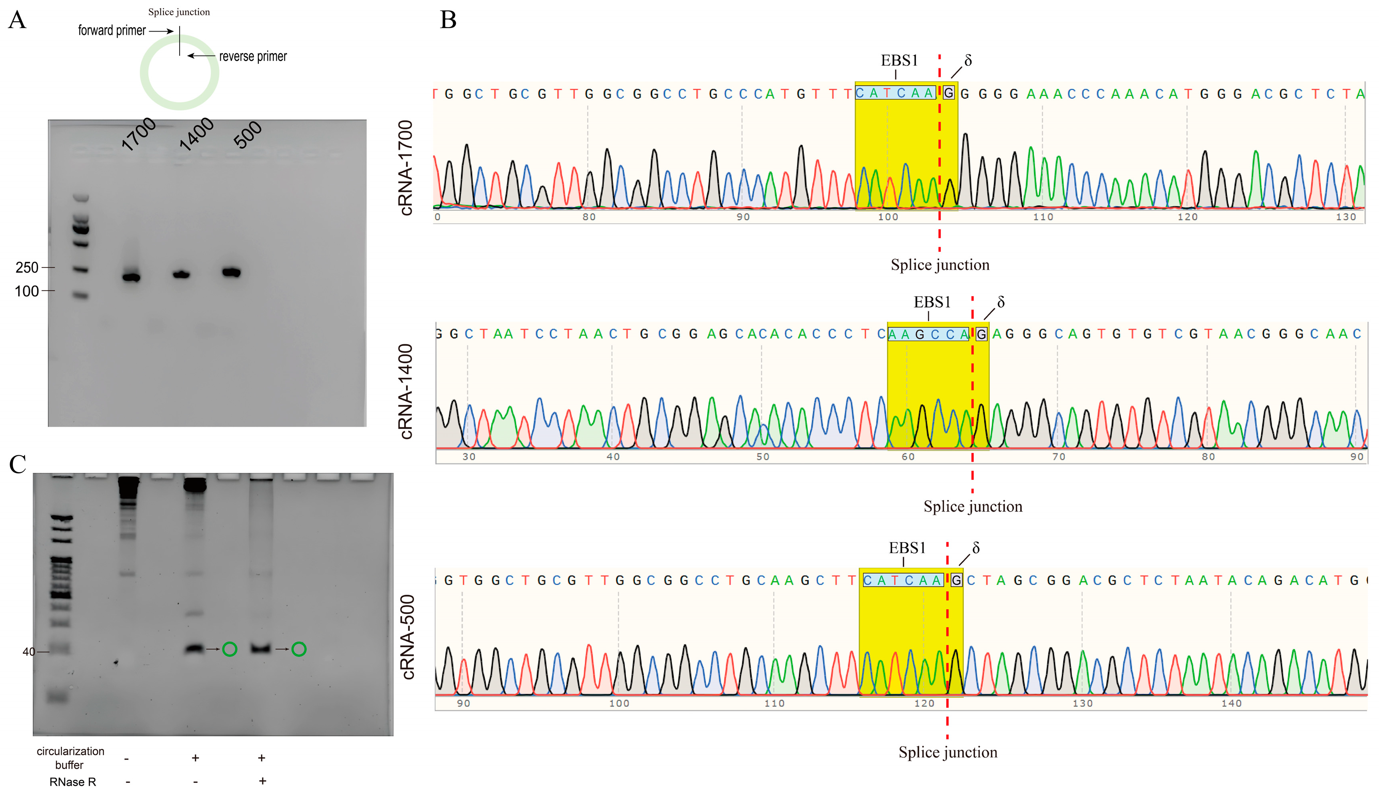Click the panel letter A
click(18, 20)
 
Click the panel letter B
click(448, 20)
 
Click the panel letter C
click(18, 465)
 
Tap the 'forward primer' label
click(112, 31)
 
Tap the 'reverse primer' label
click(253, 56)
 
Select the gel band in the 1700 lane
click(131, 277)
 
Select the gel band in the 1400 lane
click(182, 274)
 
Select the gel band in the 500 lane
click(231, 272)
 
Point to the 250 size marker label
click(27, 267)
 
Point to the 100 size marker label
click(27, 291)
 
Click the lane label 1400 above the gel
click(196, 134)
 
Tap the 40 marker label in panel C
click(28, 652)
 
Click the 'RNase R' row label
click(73, 782)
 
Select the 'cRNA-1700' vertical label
click(406, 168)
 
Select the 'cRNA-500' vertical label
click(408, 637)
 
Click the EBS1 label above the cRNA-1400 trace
click(932, 302)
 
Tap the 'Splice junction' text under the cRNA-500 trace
click(947, 752)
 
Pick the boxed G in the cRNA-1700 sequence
click(949, 94)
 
